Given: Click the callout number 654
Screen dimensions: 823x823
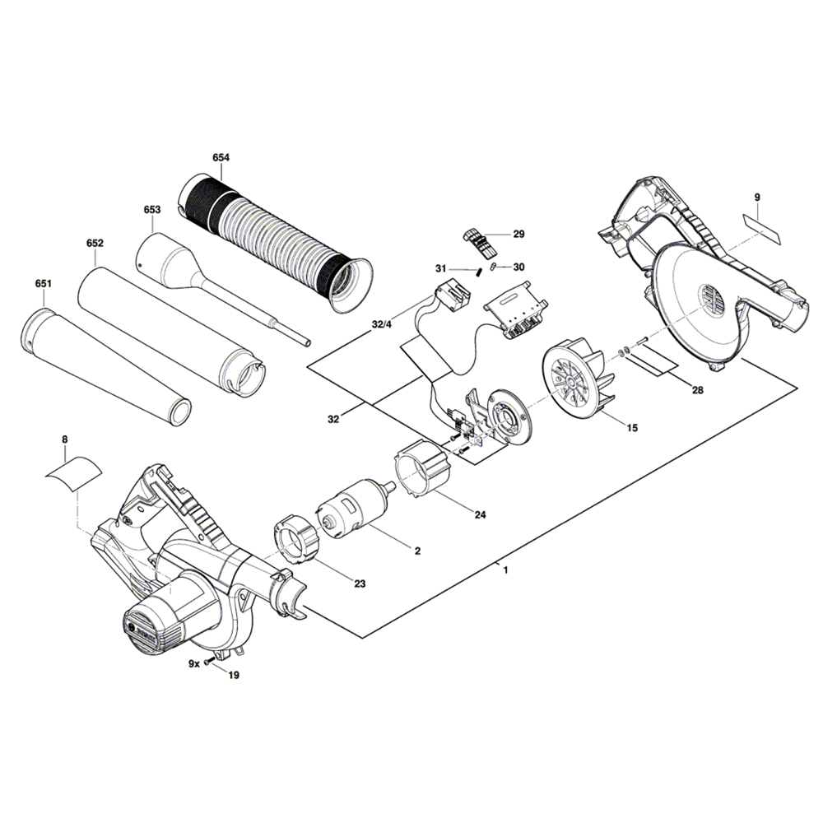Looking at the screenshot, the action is pyautogui.click(x=221, y=157).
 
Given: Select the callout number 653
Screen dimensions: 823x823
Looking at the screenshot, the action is pyautogui.click(x=151, y=209).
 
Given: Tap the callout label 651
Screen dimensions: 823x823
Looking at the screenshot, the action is pyautogui.click(x=43, y=283).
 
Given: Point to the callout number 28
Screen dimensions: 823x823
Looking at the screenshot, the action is pyautogui.click(x=698, y=390).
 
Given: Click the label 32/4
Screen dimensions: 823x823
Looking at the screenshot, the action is pyautogui.click(x=382, y=324).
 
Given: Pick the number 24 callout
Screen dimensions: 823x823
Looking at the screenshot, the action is pyautogui.click(x=481, y=515).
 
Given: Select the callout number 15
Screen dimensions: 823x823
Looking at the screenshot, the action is pyautogui.click(x=632, y=428).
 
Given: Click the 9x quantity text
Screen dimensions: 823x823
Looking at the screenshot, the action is pyautogui.click(x=194, y=663).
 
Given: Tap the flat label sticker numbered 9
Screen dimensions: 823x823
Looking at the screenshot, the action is pyautogui.click(x=761, y=229).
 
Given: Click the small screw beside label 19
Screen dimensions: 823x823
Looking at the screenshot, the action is pyautogui.click(x=211, y=662).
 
